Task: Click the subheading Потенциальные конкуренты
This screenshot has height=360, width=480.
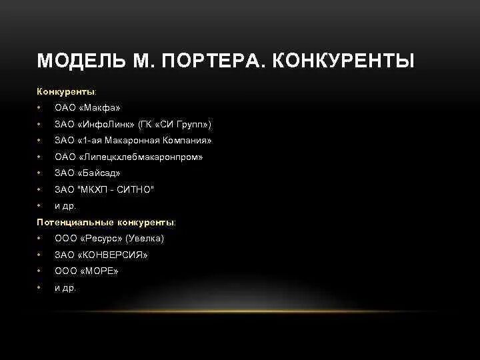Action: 106,222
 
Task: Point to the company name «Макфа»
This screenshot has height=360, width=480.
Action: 99,108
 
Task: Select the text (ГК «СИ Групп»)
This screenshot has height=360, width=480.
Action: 175,125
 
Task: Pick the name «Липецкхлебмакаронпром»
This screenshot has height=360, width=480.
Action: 140,157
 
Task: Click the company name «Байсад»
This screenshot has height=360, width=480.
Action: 99,173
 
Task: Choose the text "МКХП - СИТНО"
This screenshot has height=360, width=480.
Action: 116,190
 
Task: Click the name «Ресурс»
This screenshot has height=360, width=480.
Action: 101,238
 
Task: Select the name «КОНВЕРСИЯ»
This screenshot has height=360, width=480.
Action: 113,255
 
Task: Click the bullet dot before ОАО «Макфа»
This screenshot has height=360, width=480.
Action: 39,108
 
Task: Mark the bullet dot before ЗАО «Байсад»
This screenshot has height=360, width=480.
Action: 39,173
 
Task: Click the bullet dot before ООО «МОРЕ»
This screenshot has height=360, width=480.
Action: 39,271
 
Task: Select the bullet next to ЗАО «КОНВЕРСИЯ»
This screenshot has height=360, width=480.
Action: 39,255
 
